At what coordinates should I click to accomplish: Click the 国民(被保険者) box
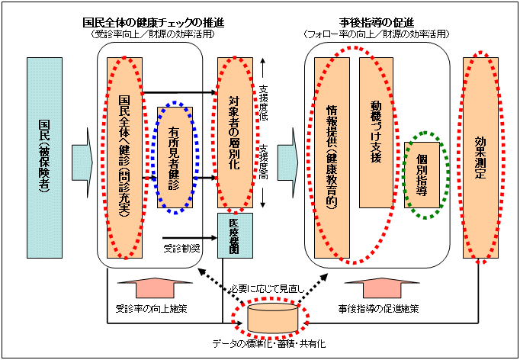[x=44, y=159]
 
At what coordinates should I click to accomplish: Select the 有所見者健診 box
[x=175, y=159]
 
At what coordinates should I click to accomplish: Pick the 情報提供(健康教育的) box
[x=331, y=159]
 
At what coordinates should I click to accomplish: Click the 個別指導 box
[x=426, y=175]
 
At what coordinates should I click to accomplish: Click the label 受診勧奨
[x=180, y=248]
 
